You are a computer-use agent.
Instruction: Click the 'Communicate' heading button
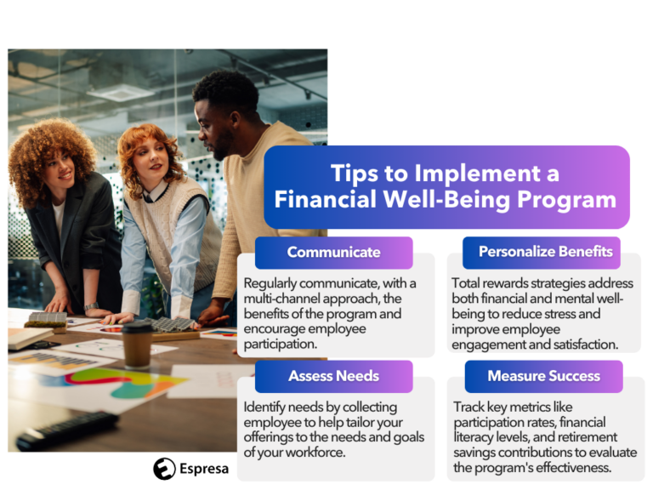[x=333, y=252]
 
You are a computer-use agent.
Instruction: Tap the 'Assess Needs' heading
[x=333, y=375]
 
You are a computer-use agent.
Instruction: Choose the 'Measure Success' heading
[x=543, y=375]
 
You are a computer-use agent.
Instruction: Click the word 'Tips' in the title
[x=354, y=174]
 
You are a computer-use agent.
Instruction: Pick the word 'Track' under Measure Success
[x=470, y=407]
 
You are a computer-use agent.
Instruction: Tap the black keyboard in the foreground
[x=67, y=430]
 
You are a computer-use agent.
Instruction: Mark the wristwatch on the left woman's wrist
[x=91, y=306]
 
